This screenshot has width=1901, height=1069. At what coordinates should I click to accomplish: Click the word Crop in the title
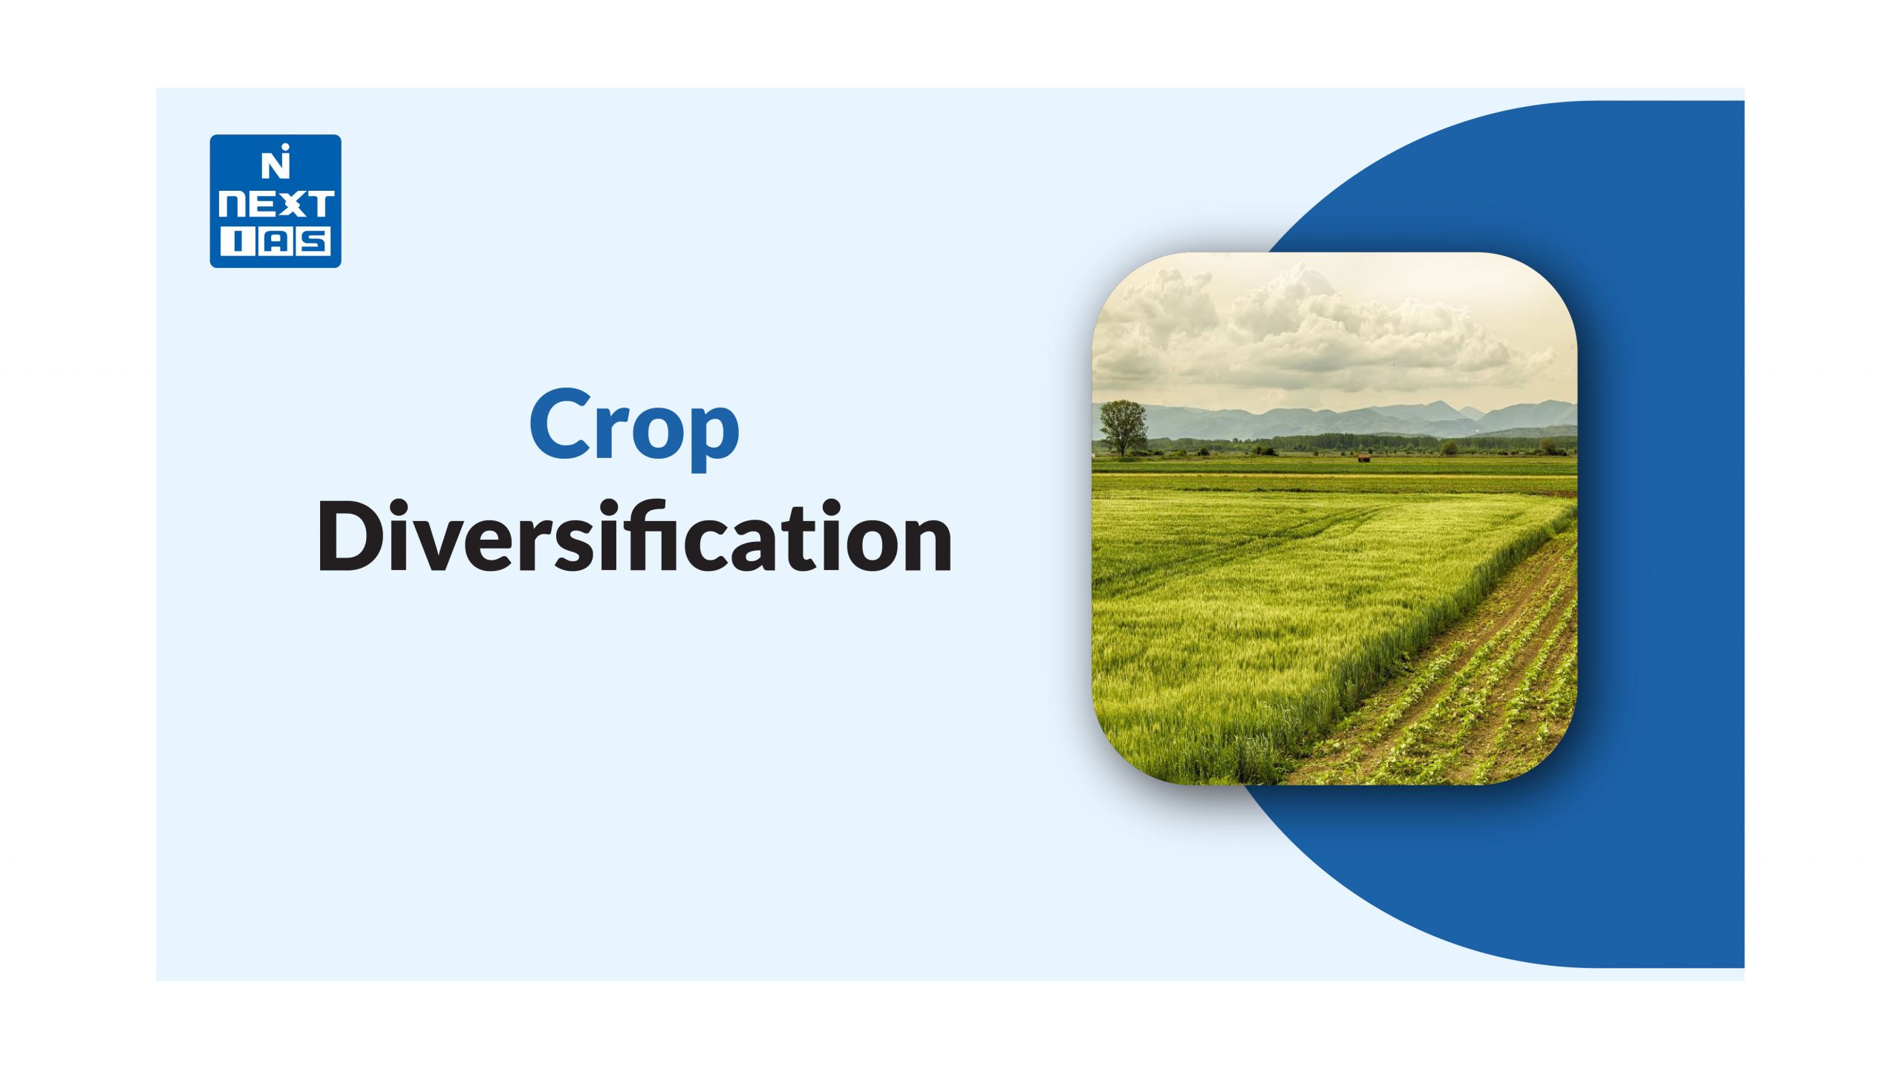pos(635,428)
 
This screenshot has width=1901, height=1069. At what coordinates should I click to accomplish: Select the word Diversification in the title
pos(635,535)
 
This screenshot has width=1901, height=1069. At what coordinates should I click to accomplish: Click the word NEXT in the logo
pos(275,205)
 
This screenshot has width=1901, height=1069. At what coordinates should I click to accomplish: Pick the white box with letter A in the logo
pos(273,242)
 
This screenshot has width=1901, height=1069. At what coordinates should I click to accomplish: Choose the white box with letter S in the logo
pos(313,242)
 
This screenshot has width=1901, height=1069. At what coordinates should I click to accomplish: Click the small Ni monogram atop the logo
pos(275,164)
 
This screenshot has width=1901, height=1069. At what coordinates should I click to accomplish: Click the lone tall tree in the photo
pos(1122,428)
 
